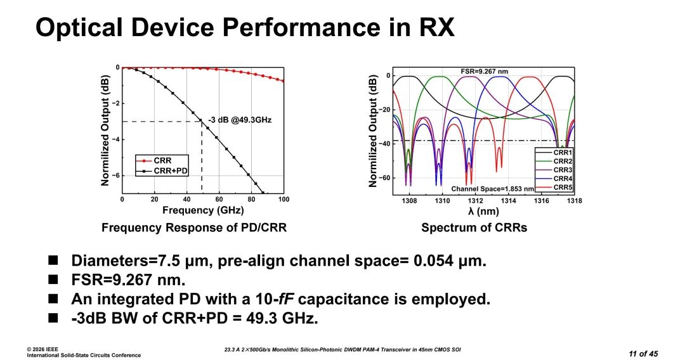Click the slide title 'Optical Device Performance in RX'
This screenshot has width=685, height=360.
(x=245, y=27)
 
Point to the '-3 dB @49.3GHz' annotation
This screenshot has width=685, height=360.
(x=239, y=119)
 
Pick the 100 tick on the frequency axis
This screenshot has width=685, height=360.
(x=282, y=200)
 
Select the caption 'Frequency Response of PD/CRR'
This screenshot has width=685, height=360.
(x=194, y=228)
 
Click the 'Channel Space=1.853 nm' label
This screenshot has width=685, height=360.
(x=489, y=189)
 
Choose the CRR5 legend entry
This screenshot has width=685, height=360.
(x=563, y=188)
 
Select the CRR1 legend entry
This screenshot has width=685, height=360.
(x=563, y=153)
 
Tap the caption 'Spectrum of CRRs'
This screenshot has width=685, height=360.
(x=473, y=228)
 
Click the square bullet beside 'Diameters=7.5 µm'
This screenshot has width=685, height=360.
(x=53, y=260)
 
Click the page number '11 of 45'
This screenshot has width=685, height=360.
(x=643, y=352)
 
